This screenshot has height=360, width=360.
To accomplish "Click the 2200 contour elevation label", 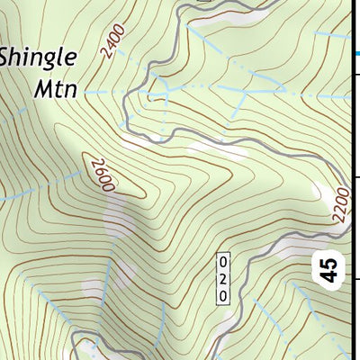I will point(338,209).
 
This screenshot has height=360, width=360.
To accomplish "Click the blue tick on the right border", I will point(354,54).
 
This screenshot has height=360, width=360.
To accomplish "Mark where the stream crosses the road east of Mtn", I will point(166,92).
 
